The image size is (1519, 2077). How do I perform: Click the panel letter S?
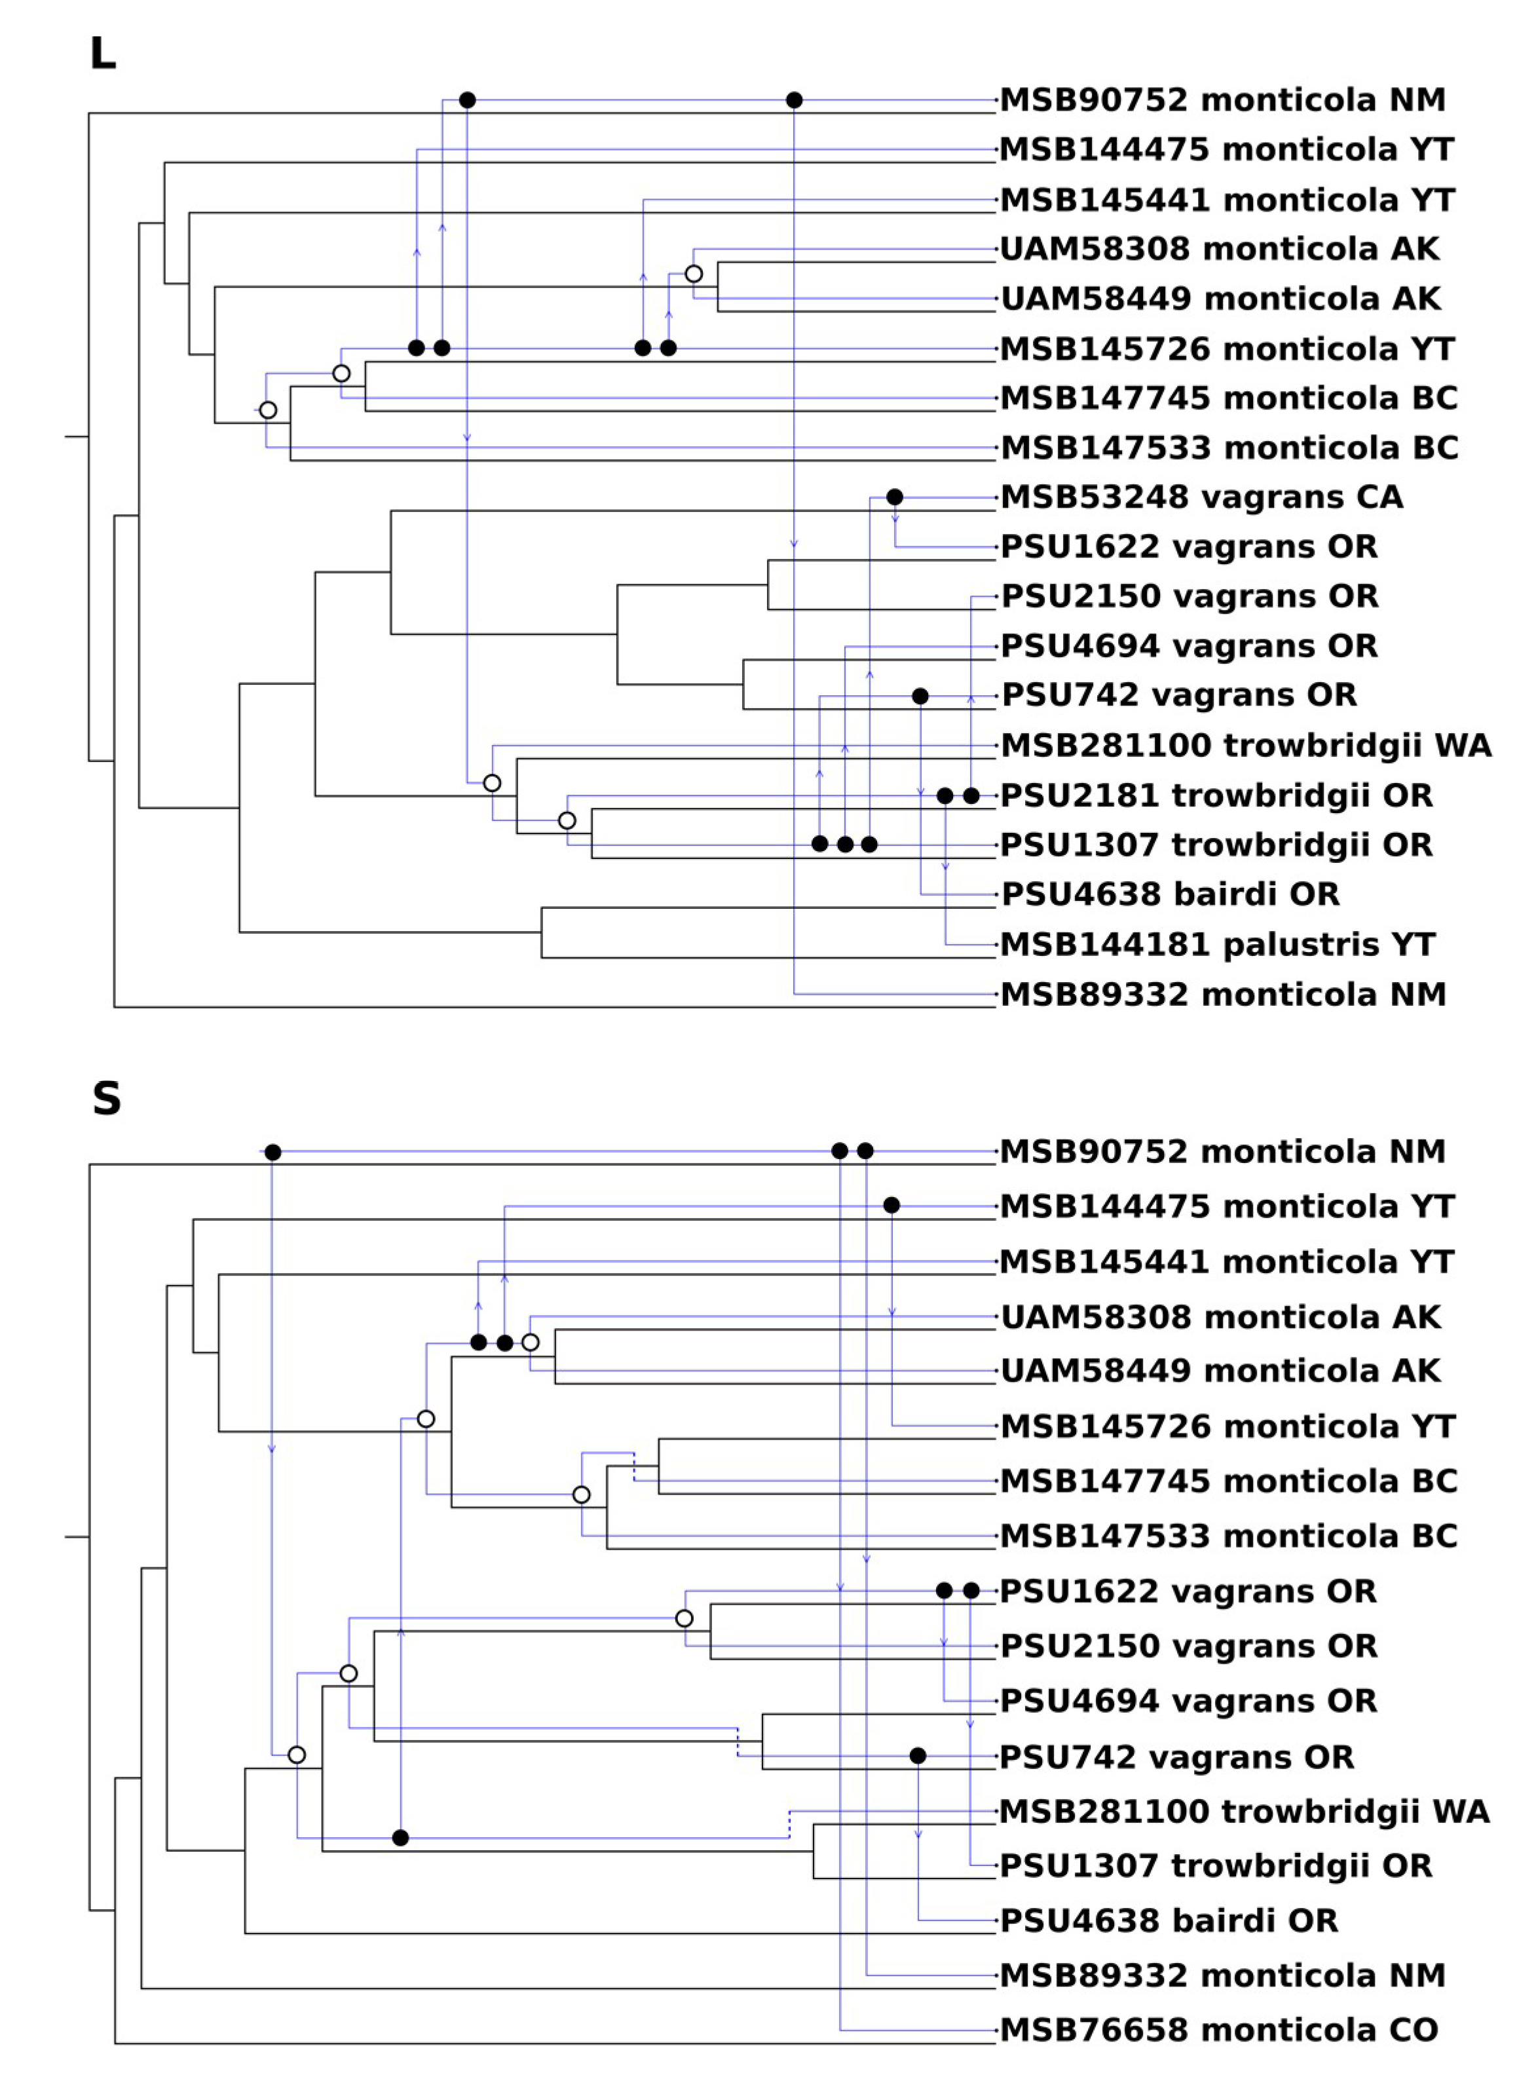coord(107,1098)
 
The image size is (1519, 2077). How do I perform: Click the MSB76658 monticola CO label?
coord(1218,2029)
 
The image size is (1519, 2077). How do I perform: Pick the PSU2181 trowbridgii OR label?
coord(1216,795)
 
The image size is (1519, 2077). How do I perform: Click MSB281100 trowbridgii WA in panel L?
coord(1246,745)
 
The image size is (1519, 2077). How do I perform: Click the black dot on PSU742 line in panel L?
coord(920,696)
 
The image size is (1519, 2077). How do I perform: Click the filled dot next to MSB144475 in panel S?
coord(891,1205)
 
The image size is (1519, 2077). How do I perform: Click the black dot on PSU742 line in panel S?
coord(918,1756)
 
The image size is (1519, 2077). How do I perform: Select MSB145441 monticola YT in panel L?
coord(1227,200)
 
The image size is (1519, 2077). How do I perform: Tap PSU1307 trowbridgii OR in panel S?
coord(1216,1865)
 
